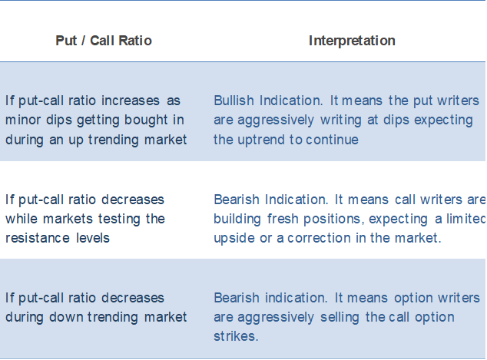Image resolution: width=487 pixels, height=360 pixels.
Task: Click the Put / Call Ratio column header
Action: (x=104, y=41)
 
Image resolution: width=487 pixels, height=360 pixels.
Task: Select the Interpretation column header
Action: (x=352, y=41)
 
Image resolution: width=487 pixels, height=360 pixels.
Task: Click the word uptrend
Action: (x=257, y=140)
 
